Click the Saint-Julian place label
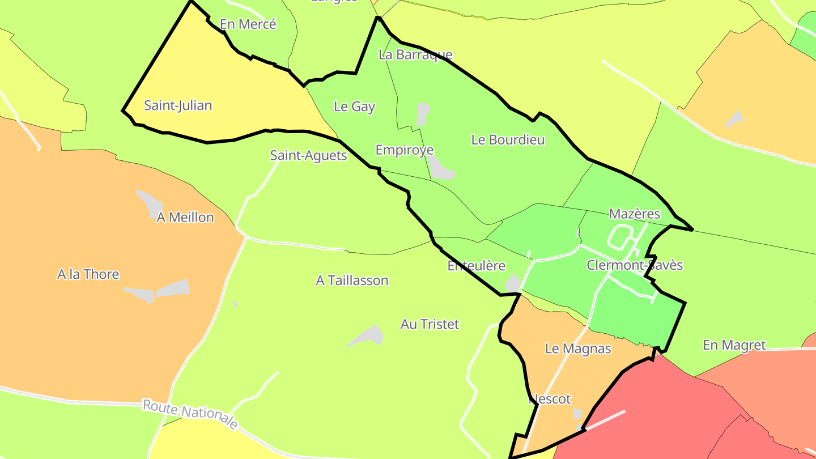178,105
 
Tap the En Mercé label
248,24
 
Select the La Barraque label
415,55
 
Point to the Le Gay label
355,107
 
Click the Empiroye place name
405,150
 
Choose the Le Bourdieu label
508,140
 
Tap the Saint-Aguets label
308,155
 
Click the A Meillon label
185,218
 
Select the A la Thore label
88,274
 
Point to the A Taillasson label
352,280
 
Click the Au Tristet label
430,324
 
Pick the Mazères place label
635,214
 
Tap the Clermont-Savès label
635,265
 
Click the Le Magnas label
578,348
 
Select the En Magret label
734,345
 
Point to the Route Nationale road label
190,414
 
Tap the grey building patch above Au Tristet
367,337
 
